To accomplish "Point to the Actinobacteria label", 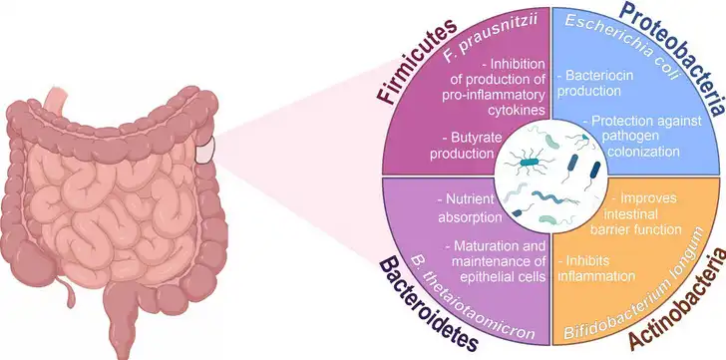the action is [x=677, y=302].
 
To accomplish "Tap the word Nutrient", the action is [x=467, y=199].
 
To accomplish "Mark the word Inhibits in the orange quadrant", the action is [x=583, y=260].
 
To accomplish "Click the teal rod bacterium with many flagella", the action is [x=530, y=162].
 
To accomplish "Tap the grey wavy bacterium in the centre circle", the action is [x=516, y=192].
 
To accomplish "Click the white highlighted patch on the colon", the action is [x=205, y=150].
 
